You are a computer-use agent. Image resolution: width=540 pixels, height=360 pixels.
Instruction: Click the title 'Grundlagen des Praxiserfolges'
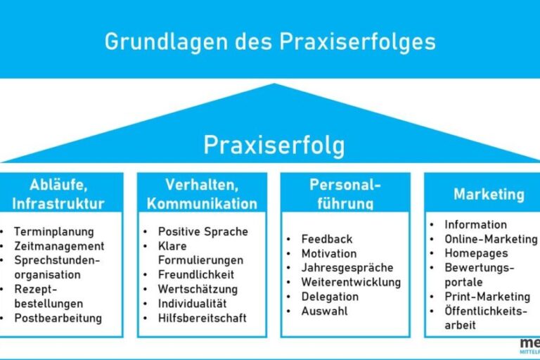click(x=270, y=41)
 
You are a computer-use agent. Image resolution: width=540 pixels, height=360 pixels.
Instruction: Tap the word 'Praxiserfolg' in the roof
click(x=274, y=145)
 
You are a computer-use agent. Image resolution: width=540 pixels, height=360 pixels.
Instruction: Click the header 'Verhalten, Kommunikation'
click(x=201, y=195)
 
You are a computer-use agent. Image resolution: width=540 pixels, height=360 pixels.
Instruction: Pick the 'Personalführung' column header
click(x=345, y=194)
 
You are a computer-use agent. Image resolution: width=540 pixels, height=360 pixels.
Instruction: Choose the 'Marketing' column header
click(x=489, y=194)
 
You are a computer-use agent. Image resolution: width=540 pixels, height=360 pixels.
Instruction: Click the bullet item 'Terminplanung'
click(x=53, y=231)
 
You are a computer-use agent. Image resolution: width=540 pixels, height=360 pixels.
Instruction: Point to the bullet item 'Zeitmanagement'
click(x=59, y=246)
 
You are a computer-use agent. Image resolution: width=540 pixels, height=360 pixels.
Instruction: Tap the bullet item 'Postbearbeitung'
click(x=58, y=318)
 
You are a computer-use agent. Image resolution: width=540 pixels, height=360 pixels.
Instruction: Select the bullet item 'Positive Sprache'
click(x=202, y=231)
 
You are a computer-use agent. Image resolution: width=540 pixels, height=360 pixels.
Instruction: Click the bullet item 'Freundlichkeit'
click(x=196, y=274)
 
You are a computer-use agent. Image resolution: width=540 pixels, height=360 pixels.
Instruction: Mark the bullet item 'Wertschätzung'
click(x=198, y=289)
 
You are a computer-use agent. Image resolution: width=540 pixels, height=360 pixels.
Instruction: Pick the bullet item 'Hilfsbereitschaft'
click(x=202, y=318)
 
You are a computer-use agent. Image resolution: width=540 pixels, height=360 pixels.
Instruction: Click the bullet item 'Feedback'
click(x=327, y=239)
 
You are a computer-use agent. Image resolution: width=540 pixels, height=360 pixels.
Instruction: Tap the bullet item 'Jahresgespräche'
click(x=347, y=268)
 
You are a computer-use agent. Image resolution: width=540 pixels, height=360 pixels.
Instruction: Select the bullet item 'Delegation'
click(x=330, y=297)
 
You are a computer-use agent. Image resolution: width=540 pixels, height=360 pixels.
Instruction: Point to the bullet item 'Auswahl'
click(x=324, y=311)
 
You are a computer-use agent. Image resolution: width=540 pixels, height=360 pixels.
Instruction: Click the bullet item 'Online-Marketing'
click(x=491, y=239)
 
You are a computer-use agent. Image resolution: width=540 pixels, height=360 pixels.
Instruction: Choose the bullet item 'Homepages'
click(x=476, y=253)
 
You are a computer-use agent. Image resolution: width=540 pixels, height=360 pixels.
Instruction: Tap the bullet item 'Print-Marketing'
click(x=487, y=297)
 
